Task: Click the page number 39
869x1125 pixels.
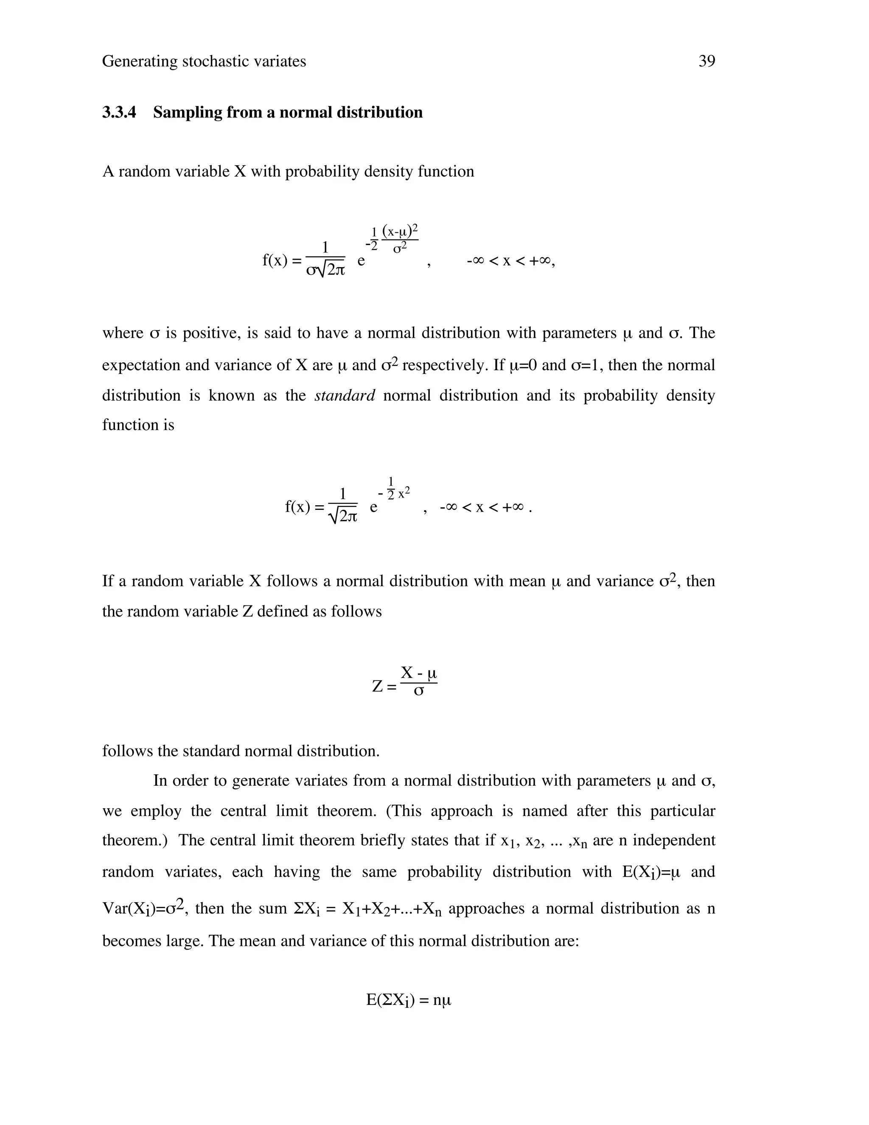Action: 706,61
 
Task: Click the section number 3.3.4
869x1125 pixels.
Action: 119,112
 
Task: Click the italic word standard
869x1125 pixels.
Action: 345,395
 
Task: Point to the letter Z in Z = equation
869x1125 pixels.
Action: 377,686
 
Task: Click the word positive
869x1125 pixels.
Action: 209,333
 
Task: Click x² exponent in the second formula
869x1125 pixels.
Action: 404,492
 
